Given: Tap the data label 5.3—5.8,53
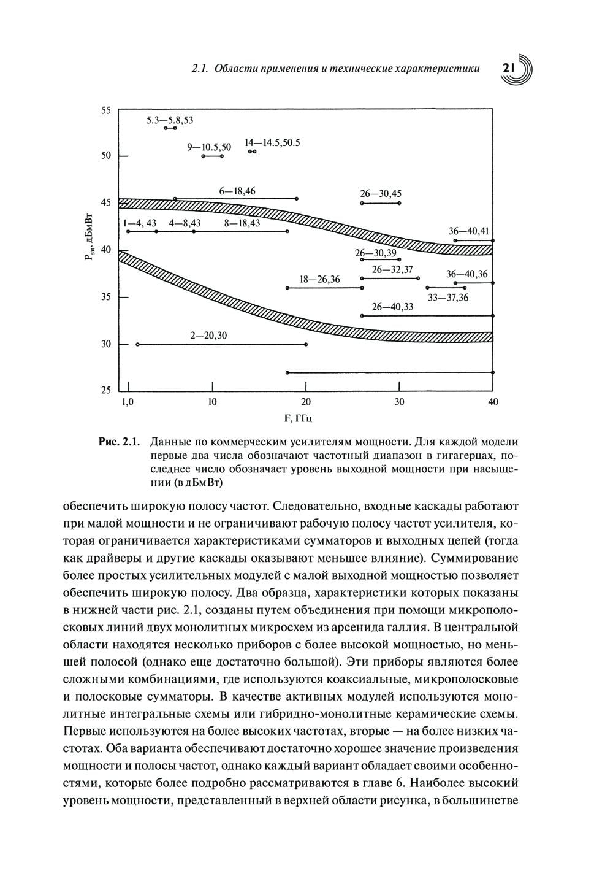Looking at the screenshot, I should tap(170, 120).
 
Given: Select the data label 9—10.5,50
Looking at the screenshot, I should tap(209, 147).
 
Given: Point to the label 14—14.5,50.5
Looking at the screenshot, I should tap(272, 142).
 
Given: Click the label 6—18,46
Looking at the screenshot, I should tap(237, 191).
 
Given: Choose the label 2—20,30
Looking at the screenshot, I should tap(208, 336).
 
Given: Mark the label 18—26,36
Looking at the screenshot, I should tap(319, 280).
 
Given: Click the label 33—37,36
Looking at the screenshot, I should tap(448, 298).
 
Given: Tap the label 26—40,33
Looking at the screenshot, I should tap(392, 307).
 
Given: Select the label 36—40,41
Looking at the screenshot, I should tap(469, 231).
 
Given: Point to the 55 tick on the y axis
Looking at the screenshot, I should tap(106, 110).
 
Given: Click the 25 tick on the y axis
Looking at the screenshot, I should tap(106, 390).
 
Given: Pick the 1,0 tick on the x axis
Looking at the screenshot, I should tap(127, 402).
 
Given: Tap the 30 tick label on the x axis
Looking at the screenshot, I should tap(399, 402).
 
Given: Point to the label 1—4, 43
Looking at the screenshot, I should tap(140, 223).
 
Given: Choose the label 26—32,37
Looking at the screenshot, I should tap(392, 269).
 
